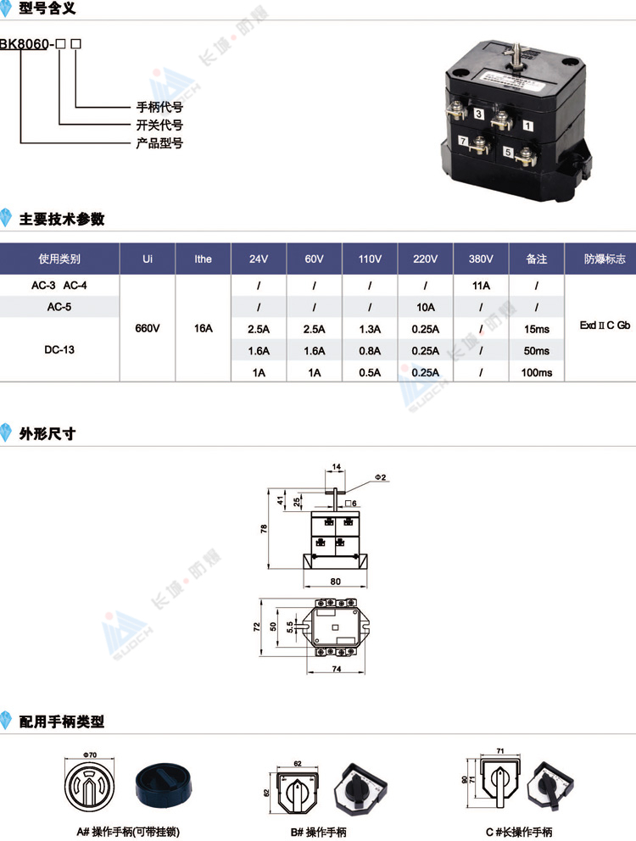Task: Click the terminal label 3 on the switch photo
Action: (478, 114)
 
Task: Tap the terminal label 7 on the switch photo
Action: (463, 141)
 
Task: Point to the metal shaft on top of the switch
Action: (517, 56)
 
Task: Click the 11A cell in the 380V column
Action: (481, 286)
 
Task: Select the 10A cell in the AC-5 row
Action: (425, 308)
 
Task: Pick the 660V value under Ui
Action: (147, 328)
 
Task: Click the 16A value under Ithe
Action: (203, 328)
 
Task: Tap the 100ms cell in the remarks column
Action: (536, 372)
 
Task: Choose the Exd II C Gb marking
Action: (605, 325)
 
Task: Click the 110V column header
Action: (370, 259)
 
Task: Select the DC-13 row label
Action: (59, 349)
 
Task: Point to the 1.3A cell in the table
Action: (370, 329)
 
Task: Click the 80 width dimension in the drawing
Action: (336, 582)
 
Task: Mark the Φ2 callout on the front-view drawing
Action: (380, 477)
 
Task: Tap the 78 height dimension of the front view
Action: (264, 529)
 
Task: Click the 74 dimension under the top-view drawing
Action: (337, 669)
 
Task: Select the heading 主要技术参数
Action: (62, 219)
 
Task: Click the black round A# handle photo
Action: (164, 786)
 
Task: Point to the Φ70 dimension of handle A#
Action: (90, 755)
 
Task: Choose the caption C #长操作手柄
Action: (518, 832)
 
